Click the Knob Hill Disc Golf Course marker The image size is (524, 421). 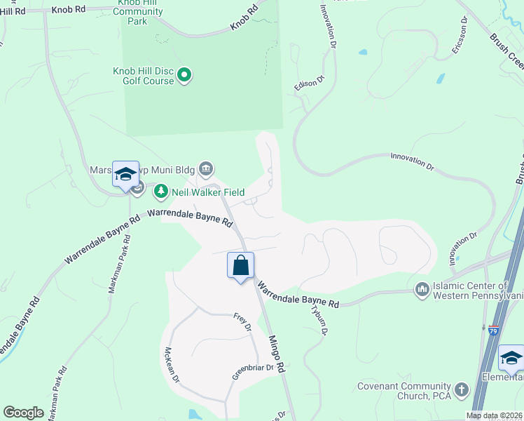pyautogui.click(x=184, y=75)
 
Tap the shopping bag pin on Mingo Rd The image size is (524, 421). pyautogui.click(x=240, y=266)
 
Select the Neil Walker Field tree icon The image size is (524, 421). pyautogui.click(x=161, y=191)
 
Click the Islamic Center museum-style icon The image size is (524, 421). pyautogui.click(x=422, y=289)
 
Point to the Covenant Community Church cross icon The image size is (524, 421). pyautogui.click(x=461, y=389)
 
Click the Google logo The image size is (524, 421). pyautogui.click(x=23, y=413)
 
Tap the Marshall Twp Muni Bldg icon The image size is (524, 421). pyautogui.click(x=206, y=168)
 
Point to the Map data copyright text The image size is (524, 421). pyautogui.click(x=495, y=415)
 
